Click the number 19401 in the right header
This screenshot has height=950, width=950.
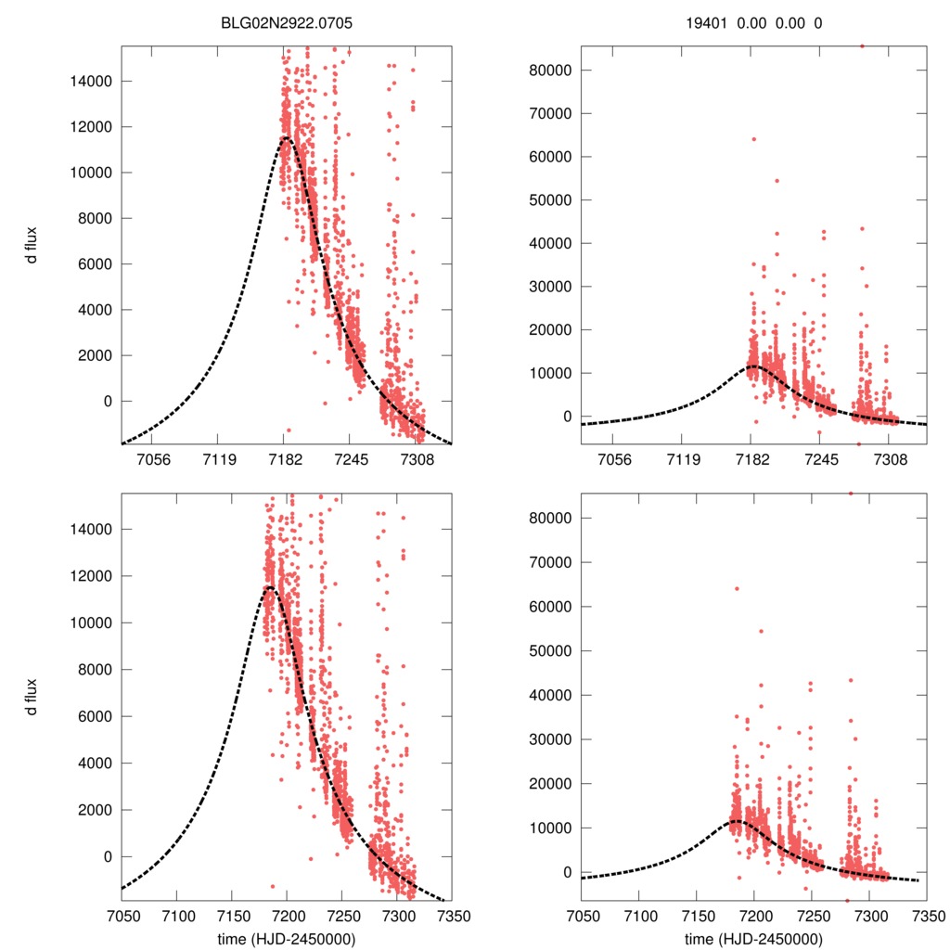[697, 28]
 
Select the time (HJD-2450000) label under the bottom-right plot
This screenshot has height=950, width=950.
[753, 938]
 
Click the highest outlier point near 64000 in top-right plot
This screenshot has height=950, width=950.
[753, 139]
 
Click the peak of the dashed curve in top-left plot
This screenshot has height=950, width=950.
[284, 138]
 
